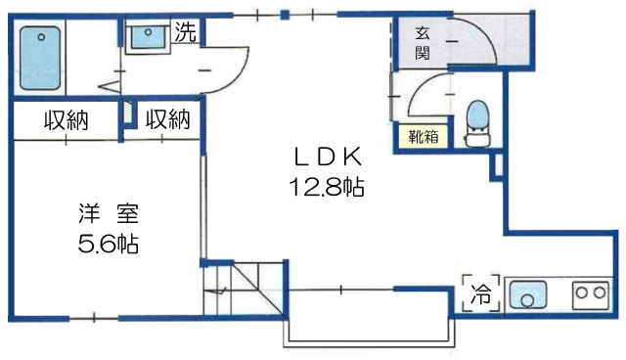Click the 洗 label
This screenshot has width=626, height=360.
[x=186, y=30]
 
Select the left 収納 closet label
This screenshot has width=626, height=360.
[x=66, y=120]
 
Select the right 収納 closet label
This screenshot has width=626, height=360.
[x=167, y=120]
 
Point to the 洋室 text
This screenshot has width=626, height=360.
[x=108, y=212]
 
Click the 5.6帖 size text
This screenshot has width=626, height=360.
[x=108, y=244]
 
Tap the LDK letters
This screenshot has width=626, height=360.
[x=328, y=155]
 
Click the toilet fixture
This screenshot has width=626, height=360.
[x=478, y=122]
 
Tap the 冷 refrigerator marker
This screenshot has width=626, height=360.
[x=480, y=292]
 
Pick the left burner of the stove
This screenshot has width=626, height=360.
[x=579, y=291]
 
